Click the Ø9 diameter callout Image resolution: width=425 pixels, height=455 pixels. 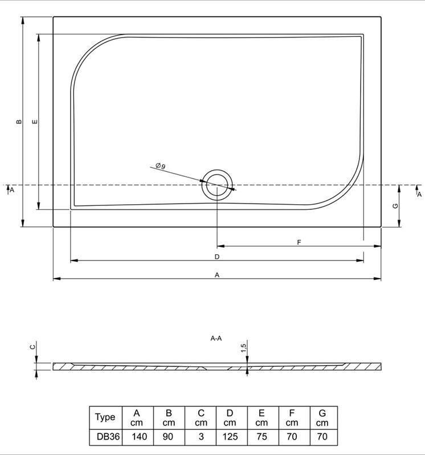coord(160,166)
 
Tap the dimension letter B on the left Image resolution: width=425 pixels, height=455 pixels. coord(19,122)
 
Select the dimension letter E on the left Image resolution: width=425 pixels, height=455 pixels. coord(35,122)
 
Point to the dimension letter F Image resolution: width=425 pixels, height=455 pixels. coord(299,242)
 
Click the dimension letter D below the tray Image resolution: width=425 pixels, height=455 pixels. coord(217,257)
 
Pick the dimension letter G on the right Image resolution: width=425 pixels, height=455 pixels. coord(395,206)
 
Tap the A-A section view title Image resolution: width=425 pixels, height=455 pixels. coord(216,338)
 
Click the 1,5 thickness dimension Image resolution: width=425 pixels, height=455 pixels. coord(244,348)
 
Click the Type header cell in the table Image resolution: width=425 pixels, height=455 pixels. coord(105,417)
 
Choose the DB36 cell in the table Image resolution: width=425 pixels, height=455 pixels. coord(108,436)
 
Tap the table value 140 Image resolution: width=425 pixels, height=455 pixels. coord(139,436)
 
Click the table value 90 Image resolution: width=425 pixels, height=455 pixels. coord(168,436)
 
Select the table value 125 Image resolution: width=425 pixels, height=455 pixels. coord(231,436)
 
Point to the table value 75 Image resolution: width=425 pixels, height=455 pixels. coord(262,436)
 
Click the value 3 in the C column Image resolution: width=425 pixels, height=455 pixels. coord(201,436)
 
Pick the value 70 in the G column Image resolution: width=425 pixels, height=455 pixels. coord(322,436)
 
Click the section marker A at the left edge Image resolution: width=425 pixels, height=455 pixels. coord(11,190)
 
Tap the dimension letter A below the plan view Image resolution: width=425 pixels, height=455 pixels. coord(217,275)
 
